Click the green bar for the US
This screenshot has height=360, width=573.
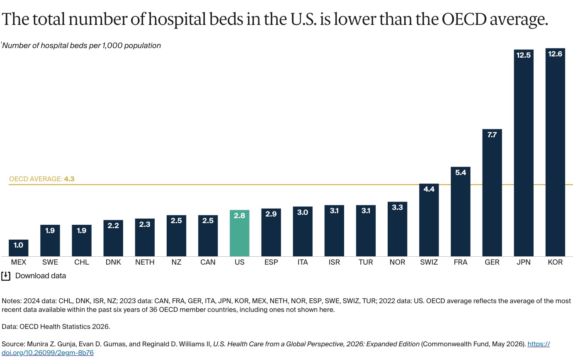click(239, 233)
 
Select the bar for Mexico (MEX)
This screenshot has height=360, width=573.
click(18, 248)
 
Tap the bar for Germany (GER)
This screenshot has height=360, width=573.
click(492, 193)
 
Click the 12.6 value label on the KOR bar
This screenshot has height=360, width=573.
click(555, 54)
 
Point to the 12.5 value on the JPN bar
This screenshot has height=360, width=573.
click(523, 55)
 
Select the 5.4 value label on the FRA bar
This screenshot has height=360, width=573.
click(461, 173)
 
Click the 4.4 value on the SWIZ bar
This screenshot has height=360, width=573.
click(429, 189)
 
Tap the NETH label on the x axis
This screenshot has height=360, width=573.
click(145, 262)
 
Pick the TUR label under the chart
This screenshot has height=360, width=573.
click(366, 262)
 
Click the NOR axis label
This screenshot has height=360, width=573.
click(397, 262)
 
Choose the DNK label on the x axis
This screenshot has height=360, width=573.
click(113, 262)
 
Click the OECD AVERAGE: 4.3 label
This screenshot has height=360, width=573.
click(42, 179)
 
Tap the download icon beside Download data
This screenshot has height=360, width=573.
click(6, 276)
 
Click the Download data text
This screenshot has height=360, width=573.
click(41, 276)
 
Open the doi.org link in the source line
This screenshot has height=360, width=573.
click(276, 348)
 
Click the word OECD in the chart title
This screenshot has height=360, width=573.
click(464, 19)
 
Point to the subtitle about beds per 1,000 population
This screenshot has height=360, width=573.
click(81, 46)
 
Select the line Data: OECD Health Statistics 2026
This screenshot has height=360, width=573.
click(56, 327)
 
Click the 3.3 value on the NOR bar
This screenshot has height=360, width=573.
click(397, 207)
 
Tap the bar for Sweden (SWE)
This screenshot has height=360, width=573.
click(50, 241)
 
